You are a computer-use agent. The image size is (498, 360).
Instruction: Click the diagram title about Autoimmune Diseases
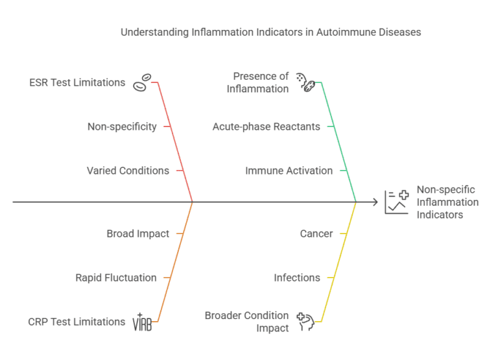[270, 32]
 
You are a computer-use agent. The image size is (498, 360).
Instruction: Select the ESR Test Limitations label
[77, 82]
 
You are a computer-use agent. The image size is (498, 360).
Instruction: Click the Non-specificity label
[122, 126]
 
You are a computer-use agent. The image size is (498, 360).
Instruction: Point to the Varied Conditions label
[128, 171]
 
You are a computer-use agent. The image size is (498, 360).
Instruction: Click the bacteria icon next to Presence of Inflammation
[305, 82]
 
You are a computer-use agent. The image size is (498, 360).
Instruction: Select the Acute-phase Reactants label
[266, 126]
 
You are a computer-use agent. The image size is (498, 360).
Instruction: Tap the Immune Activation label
[289, 171]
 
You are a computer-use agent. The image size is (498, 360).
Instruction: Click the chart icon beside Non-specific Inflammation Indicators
[396, 202]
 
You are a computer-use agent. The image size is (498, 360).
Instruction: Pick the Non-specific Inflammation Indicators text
[447, 202]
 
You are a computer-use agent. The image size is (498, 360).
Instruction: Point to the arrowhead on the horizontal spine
[375, 202]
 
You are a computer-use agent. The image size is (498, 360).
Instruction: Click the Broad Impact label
[137, 234]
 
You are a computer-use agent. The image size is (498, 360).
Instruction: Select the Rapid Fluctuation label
[116, 278]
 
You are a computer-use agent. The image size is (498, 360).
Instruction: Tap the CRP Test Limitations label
[77, 322]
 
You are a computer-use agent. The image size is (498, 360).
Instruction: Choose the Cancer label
[316, 234]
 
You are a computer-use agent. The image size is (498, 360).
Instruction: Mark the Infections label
[297, 278]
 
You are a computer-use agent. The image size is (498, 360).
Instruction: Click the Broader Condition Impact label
[246, 322]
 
